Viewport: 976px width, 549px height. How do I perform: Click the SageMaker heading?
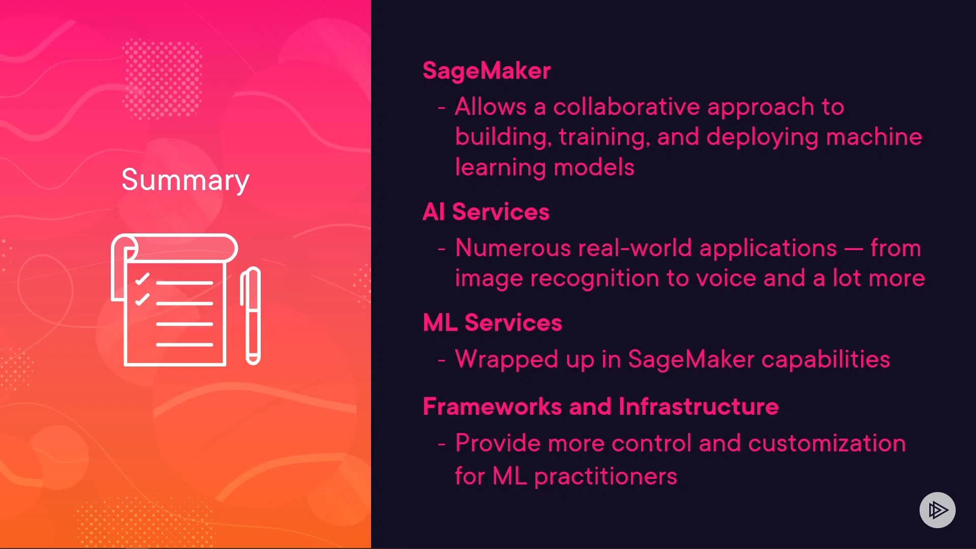[486, 71]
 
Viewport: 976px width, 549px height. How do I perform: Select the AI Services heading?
[486, 211]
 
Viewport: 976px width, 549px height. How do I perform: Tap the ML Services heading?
[492, 322]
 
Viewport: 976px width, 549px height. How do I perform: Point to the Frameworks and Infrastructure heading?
[600, 406]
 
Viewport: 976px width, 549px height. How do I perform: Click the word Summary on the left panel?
[185, 180]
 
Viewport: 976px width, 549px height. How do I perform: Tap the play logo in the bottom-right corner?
[937, 510]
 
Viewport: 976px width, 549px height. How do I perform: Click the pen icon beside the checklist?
[251, 316]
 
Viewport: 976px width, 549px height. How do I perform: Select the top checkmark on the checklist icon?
[142, 279]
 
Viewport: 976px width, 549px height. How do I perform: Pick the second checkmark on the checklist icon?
[142, 299]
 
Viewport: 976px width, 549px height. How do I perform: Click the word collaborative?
[626, 107]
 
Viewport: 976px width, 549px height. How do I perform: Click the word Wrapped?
[507, 360]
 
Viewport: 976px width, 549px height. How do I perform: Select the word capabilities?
[826, 360]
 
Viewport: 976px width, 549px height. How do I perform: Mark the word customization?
[827, 443]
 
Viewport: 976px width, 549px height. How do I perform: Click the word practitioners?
[605, 477]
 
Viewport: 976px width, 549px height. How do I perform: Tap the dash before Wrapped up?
[442, 360]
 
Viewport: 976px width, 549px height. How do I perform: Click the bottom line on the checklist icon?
[185, 345]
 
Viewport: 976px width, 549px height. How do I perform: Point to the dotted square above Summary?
[163, 79]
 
